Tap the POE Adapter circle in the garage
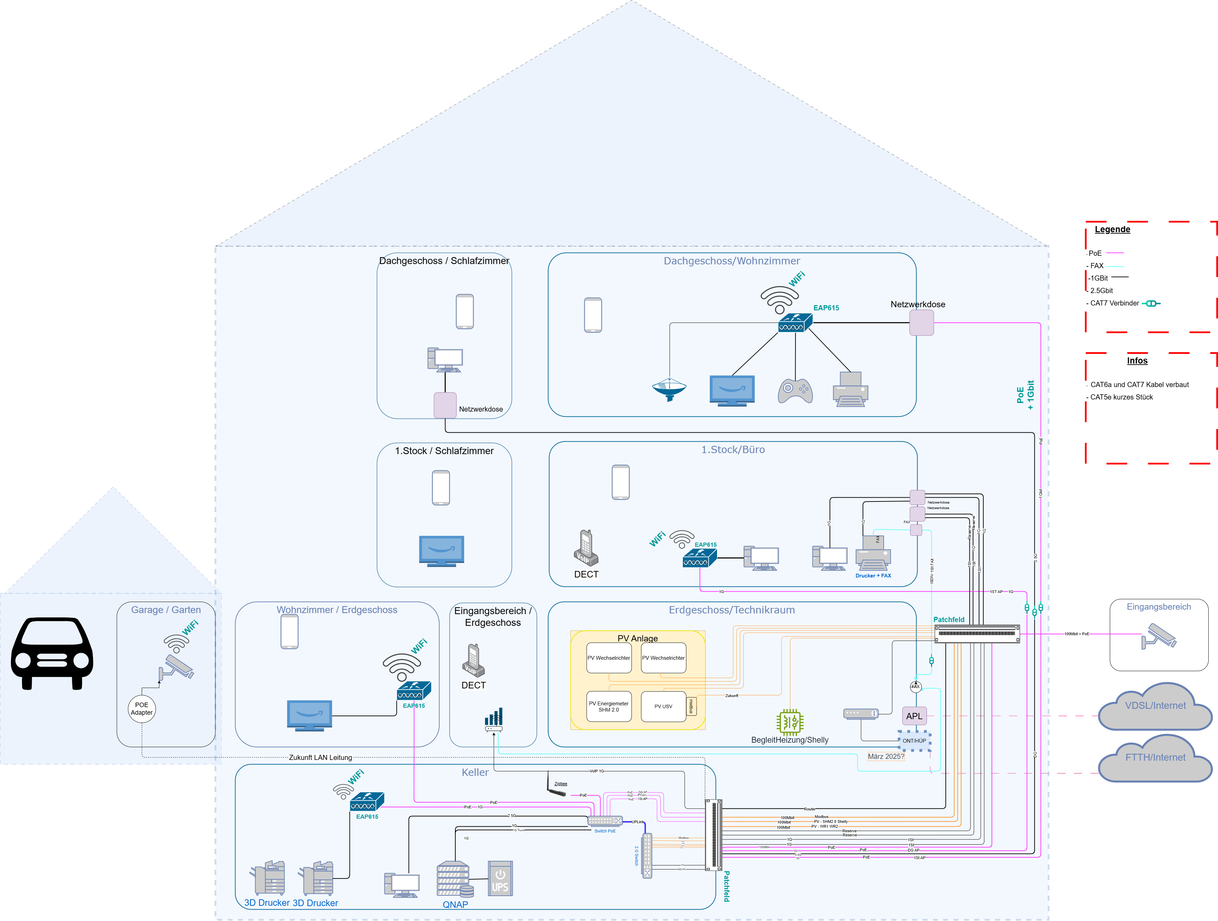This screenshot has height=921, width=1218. (141, 708)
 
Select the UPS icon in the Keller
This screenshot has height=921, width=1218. (500, 878)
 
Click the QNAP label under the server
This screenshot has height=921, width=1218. (455, 904)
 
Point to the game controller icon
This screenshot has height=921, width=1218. (795, 390)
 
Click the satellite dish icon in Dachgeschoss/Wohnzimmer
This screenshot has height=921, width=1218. (669, 389)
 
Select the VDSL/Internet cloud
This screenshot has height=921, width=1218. (1155, 706)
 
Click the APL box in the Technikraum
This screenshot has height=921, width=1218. (914, 716)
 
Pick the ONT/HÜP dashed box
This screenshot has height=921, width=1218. (914, 741)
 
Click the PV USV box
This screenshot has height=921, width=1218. (663, 706)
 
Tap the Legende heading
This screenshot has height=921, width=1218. (1112, 229)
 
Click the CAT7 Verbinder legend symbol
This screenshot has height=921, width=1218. (1151, 303)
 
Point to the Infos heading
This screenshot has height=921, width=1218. (1137, 360)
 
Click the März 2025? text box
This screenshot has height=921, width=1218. (885, 756)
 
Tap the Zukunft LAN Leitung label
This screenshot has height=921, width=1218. (320, 758)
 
